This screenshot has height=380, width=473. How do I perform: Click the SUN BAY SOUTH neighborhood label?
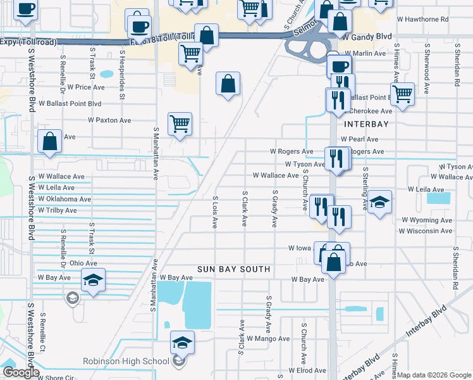[x=234, y=269]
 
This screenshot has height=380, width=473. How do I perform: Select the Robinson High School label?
[x=126, y=362]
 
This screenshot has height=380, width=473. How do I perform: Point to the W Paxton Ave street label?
[x=109, y=120]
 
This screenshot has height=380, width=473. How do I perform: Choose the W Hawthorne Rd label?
[x=422, y=19]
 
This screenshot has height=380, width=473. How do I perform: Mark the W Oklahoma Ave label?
[x=64, y=199]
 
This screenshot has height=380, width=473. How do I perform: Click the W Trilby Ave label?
[x=57, y=210]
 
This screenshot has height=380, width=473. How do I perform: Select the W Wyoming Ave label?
[x=427, y=220]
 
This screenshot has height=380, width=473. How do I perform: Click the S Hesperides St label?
[x=120, y=80]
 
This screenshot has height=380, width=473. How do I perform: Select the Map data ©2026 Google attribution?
[x=434, y=375]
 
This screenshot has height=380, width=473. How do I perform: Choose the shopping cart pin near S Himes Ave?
[x=402, y=94]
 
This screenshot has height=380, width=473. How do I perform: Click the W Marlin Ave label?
[x=364, y=54]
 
